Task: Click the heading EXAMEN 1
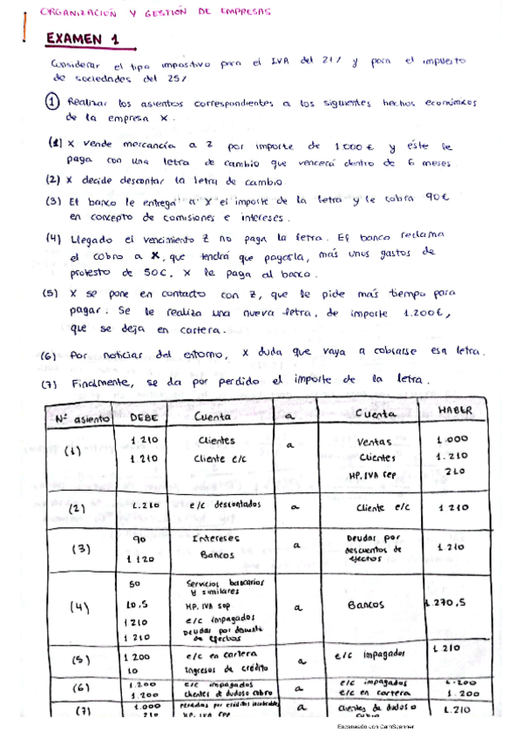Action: click(x=83, y=38)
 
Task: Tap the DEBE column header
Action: click(x=143, y=417)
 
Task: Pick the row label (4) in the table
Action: click(x=76, y=608)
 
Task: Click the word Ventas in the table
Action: click(x=376, y=442)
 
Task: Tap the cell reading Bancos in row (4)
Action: click(x=365, y=603)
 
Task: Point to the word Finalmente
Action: click(x=98, y=383)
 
